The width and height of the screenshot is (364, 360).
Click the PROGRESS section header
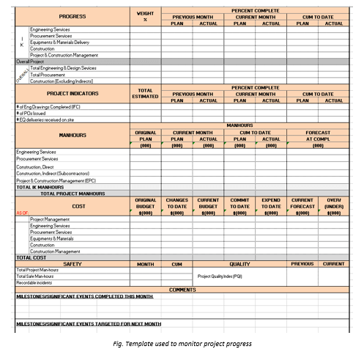[x=72, y=16]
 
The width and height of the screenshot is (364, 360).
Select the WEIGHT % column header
[x=145, y=16]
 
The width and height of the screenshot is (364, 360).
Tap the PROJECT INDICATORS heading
[x=72, y=93]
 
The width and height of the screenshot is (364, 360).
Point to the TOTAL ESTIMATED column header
[x=145, y=93]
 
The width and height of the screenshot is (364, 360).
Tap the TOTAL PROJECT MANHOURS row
[x=73, y=193]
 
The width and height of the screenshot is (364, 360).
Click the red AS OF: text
[x=23, y=212]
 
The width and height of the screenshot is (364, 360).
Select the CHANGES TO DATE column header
[x=177, y=205]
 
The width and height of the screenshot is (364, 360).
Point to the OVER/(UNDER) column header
[x=333, y=205]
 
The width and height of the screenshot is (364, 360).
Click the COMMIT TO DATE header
[x=239, y=205]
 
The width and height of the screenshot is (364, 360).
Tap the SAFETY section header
[x=72, y=263]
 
